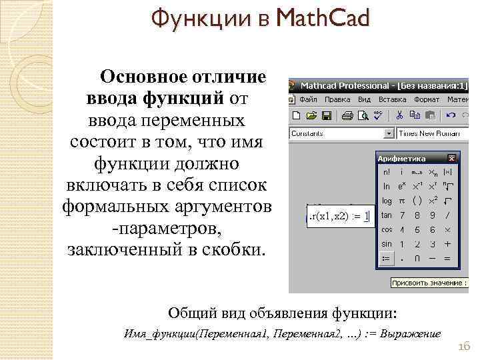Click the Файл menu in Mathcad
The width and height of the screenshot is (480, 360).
click(307, 99)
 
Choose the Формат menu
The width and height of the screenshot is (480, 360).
click(427, 99)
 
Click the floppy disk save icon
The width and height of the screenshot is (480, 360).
click(327, 116)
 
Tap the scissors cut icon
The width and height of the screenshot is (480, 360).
click(399, 116)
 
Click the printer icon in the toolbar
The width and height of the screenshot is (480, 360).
click(347, 116)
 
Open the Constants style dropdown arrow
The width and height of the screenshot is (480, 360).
click(389, 133)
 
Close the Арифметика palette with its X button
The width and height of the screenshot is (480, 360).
click(451, 159)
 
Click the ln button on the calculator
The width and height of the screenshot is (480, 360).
click(387, 186)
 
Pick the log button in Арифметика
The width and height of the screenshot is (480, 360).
click(387, 201)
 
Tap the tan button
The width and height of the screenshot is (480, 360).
click(387, 215)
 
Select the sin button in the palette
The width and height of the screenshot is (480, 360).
click(387, 245)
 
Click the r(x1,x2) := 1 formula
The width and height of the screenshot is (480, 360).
click(339, 216)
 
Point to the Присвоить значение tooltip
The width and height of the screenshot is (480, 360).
click(427, 283)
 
